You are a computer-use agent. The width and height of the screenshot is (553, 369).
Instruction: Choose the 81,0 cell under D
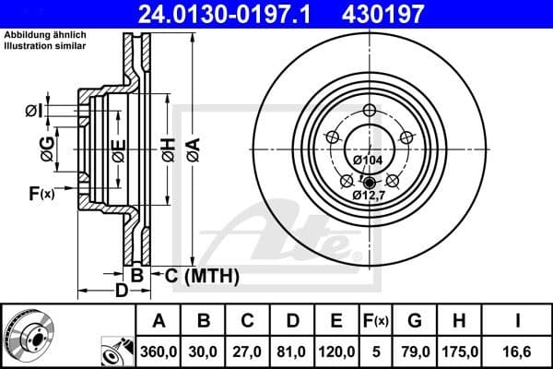pos(292,350)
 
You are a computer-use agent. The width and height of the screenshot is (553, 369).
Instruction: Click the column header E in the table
pos(336,321)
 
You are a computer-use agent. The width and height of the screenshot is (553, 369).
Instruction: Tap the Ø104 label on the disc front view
pos(369,160)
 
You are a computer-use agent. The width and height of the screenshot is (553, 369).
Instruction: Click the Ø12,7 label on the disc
pos(369,195)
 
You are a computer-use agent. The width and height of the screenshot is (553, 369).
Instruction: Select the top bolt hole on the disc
pos(370,112)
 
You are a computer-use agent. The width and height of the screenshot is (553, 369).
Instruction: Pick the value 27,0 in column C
pos(248,350)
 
